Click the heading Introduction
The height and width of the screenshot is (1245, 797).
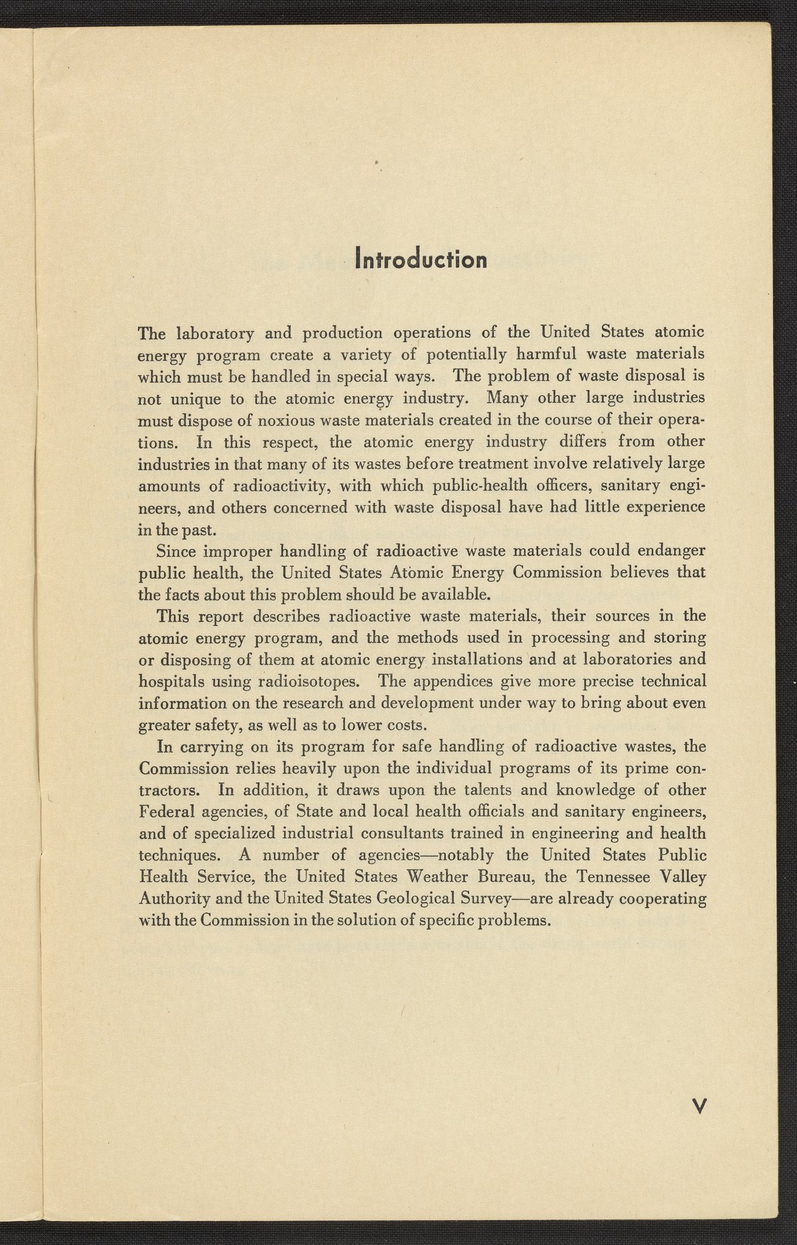(421, 258)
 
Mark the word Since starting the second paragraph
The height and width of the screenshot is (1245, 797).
(176, 551)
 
